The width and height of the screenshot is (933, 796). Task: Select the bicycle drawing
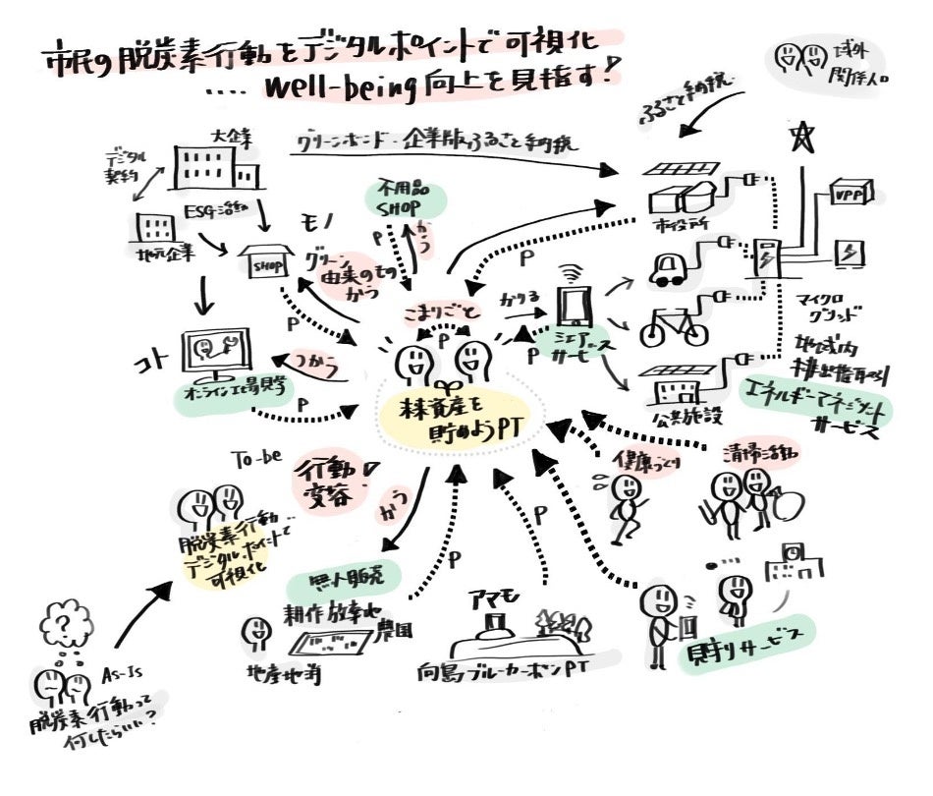coord(674,322)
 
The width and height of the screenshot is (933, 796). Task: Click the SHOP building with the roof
coord(268,260)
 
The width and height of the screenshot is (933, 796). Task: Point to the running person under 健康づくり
coord(622,500)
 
